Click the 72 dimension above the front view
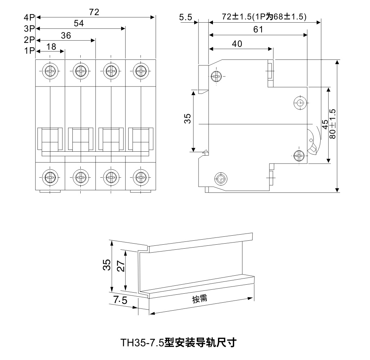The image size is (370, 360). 94,12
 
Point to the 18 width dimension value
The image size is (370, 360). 51,46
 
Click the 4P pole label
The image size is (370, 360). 29,17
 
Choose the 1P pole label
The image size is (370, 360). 29,51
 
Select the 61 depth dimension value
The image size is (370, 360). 258,30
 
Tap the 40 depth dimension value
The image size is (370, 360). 237,44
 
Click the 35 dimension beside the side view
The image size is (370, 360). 187,119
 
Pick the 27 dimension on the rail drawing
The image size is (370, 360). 121,266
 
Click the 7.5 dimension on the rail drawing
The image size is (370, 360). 120,300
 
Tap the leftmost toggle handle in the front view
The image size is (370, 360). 50,139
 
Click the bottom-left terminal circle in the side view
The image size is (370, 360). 220,178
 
